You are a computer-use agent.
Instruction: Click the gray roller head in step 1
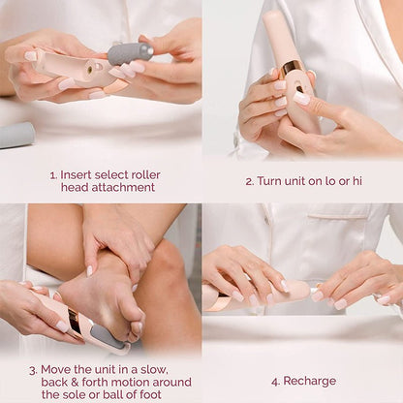[x=129, y=52]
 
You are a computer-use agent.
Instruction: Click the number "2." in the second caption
[x=250, y=180]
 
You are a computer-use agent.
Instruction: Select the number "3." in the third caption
[x=33, y=369]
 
